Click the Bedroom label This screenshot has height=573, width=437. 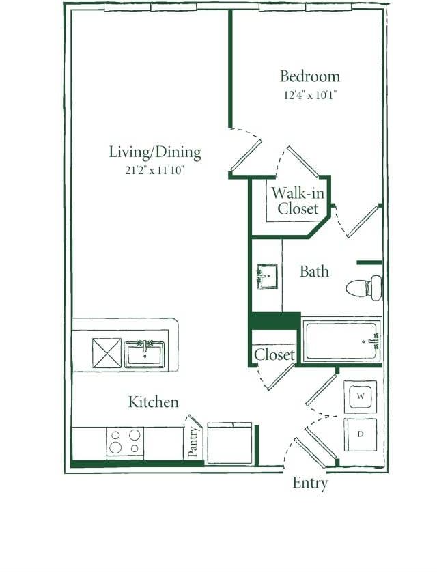[309, 76]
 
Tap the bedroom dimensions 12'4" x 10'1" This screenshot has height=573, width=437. [310, 96]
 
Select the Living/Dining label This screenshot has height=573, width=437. [155, 152]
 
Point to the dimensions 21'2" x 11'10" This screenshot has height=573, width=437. [155, 171]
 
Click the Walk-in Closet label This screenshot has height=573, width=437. [297, 201]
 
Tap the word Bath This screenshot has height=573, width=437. [314, 271]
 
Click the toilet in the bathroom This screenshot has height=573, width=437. [365, 288]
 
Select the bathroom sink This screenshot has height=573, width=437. [267, 277]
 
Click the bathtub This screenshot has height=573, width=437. [341, 341]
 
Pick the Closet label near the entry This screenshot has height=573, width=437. [274, 355]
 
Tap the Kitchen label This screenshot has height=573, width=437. [154, 402]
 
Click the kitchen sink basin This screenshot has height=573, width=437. [144, 354]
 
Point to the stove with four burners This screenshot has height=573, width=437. [125, 442]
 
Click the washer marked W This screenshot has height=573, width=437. [360, 396]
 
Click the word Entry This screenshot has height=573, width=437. [310, 483]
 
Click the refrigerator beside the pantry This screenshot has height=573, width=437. [229, 443]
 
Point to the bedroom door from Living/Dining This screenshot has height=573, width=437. [246, 154]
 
